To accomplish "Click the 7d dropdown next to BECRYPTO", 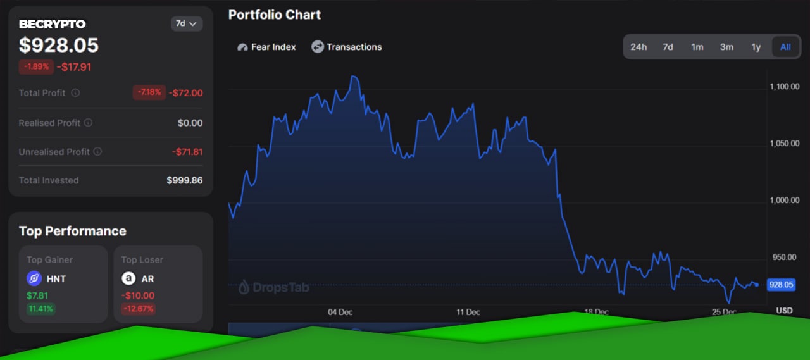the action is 187,24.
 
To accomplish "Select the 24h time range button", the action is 639,47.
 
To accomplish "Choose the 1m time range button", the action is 697,47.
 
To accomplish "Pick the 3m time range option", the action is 726,47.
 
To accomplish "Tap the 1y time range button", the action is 756,47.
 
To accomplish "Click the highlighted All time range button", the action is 785,47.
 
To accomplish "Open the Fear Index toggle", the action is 266,47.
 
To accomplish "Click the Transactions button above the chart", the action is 346,47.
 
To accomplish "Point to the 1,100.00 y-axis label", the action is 784,87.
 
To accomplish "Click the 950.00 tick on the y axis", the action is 784,257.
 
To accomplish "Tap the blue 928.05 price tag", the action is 781,285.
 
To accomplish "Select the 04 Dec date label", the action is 340,312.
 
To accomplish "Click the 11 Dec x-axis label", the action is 468,312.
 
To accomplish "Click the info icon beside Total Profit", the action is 75,93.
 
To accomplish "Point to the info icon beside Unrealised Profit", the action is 97,151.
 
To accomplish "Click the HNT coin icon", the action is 34,278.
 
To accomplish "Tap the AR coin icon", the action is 128,278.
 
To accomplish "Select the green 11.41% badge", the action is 40,309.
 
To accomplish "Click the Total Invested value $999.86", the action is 184,180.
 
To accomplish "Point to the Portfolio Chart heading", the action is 275,15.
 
